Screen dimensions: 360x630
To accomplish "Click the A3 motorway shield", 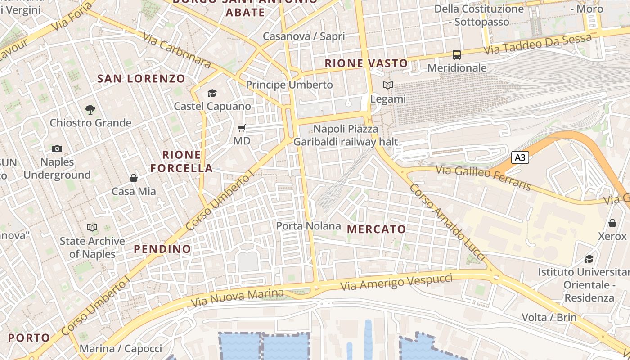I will coord(520,157).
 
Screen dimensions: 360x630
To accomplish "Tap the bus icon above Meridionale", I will coord(457,55).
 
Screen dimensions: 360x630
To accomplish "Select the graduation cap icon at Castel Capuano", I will coord(212,93).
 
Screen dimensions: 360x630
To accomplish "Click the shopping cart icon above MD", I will coord(242,128).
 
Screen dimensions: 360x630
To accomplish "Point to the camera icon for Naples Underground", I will coord(57,148).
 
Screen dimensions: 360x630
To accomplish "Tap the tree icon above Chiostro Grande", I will coord(90,109).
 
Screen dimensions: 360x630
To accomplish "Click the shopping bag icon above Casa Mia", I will coord(134,178).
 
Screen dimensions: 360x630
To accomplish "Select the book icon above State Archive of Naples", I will coord(92,228).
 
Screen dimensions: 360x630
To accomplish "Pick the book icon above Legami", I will coord(387,85).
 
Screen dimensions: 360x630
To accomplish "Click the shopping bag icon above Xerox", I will coord(612,223).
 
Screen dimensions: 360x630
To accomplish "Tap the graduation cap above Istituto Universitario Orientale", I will coord(589,259).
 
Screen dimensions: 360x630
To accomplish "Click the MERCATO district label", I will coord(377,229).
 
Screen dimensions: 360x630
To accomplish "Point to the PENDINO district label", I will coord(162,249).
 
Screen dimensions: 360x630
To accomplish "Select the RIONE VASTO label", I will coord(366,63).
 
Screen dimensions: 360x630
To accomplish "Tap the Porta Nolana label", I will coord(308,226).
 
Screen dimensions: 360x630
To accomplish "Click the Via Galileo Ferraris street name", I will coord(484,178).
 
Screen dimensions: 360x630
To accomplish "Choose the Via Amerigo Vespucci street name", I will coord(396,282).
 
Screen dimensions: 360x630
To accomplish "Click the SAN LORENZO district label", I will coord(141,79).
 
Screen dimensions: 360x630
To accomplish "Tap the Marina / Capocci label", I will coord(121,349).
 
